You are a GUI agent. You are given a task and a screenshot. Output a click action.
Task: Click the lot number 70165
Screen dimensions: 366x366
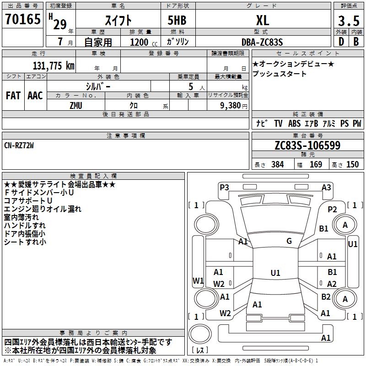(x=22, y=19)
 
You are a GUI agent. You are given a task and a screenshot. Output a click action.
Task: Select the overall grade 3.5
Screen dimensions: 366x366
(x=349, y=21)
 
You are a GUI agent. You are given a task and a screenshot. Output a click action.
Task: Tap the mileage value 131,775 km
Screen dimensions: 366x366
(x=54, y=66)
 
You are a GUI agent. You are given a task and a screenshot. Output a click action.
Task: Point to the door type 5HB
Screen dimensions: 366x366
(x=177, y=20)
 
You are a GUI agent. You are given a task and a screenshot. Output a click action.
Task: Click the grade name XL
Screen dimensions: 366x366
(x=263, y=20)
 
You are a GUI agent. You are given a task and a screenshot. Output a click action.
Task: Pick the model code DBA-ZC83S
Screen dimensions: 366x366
(x=262, y=42)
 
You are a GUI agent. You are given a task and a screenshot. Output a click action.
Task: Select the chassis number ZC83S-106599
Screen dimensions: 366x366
(x=307, y=145)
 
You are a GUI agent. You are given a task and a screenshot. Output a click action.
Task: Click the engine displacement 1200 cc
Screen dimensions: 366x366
(x=144, y=42)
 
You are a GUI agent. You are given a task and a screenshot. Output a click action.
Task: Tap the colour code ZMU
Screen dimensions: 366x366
(x=76, y=106)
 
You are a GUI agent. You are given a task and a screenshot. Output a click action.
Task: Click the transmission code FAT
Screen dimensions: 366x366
(x=13, y=96)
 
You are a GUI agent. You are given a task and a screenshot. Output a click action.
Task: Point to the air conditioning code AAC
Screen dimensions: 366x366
(x=35, y=96)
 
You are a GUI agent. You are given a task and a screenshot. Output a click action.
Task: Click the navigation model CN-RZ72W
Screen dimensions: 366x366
(x=19, y=145)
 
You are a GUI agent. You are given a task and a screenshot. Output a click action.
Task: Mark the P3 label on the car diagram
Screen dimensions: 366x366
(x=224, y=188)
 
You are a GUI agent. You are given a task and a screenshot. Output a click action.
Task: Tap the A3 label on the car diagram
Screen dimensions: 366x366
(x=326, y=188)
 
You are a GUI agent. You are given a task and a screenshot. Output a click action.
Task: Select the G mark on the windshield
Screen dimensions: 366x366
(x=289, y=241)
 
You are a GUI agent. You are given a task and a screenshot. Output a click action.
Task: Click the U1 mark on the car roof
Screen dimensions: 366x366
(x=275, y=273)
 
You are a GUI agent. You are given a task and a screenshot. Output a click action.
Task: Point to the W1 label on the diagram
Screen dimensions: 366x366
(x=198, y=281)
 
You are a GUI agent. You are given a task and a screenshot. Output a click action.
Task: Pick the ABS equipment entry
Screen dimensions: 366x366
(x=294, y=124)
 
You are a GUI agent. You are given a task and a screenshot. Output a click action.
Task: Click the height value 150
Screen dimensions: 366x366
(x=352, y=165)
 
